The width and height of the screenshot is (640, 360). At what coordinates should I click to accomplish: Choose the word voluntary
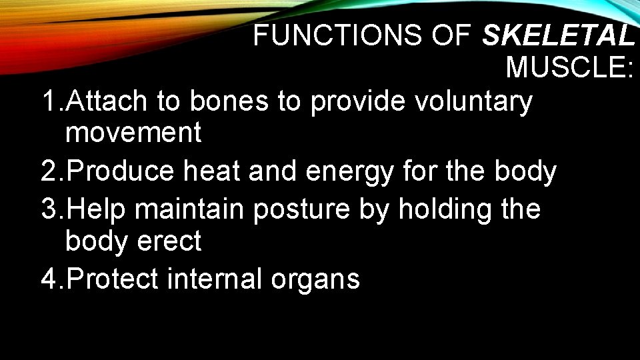[473, 102]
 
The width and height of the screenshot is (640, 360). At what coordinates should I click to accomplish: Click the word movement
[133, 133]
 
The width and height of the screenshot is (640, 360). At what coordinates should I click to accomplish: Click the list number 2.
[50, 172]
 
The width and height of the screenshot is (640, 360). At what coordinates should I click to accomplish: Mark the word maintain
[190, 209]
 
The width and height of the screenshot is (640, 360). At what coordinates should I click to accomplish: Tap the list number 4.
[50, 279]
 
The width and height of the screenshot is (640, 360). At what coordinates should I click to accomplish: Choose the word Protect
[113, 279]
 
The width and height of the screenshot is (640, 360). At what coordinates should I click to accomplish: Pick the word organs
[315, 280]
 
